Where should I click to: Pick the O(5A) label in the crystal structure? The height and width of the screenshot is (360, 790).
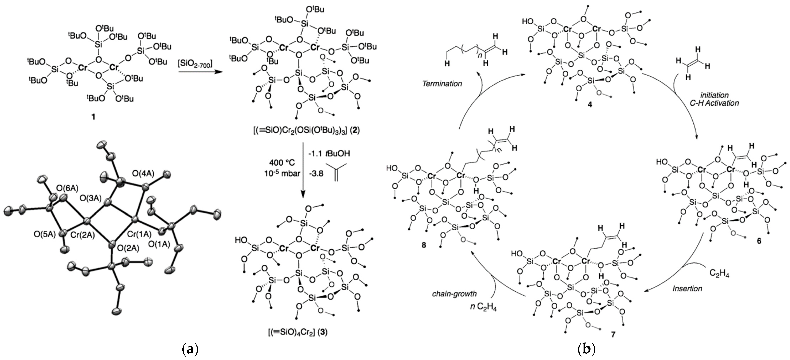point(45,235)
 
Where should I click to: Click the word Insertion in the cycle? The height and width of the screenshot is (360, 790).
point(687,289)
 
